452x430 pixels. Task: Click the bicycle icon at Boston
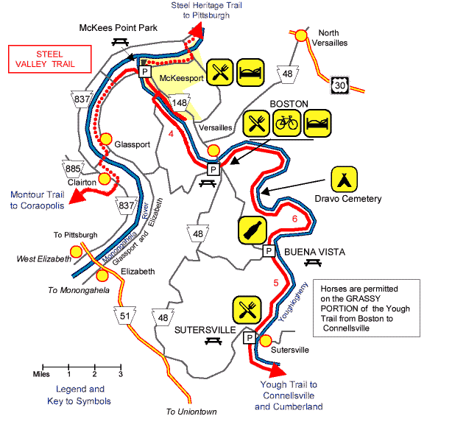coord(288,123)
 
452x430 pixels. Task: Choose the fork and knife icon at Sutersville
coord(247,310)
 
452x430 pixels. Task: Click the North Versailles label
coord(335,38)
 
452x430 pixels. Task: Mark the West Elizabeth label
coord(41,259)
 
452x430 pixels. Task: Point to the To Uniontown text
coord(191,412)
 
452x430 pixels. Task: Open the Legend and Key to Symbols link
coord(80,395)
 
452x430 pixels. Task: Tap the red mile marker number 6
coord(294,219)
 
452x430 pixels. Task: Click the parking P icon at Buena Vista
coord(269,250)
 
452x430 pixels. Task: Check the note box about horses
coord(365,306)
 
